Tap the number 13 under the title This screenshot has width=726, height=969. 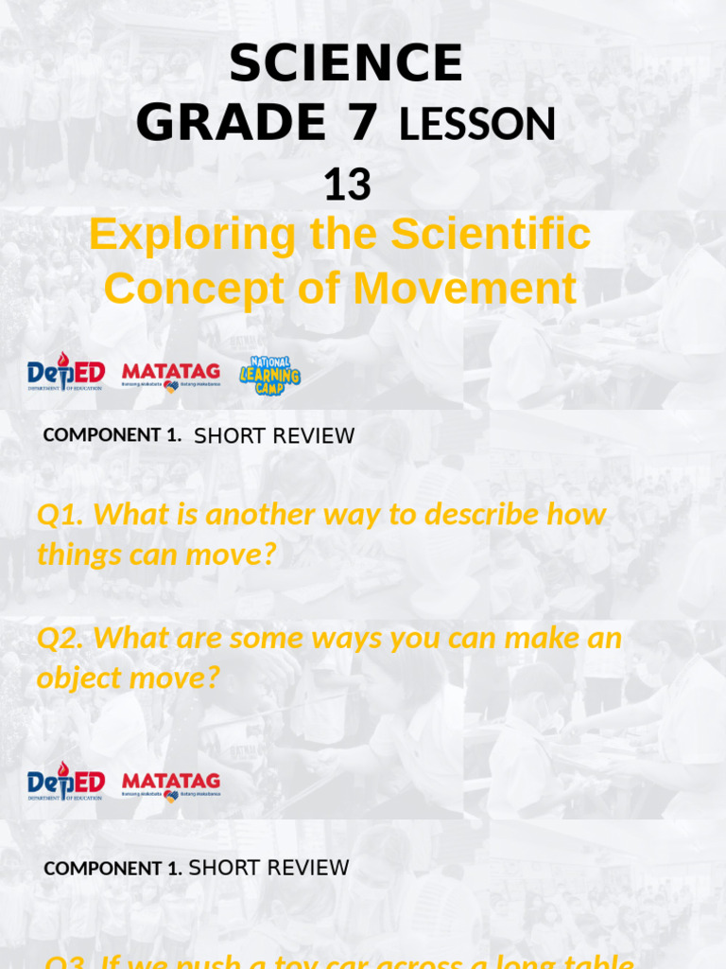[x=347, y=185]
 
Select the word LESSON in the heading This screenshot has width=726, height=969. [x=477, y=124]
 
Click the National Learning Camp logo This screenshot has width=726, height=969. [x=269, y=376]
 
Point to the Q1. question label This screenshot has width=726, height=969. [x=61, y=515]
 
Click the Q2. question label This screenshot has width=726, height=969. [x=61, y=638]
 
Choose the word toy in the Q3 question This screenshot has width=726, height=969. [x=271, y=962]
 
